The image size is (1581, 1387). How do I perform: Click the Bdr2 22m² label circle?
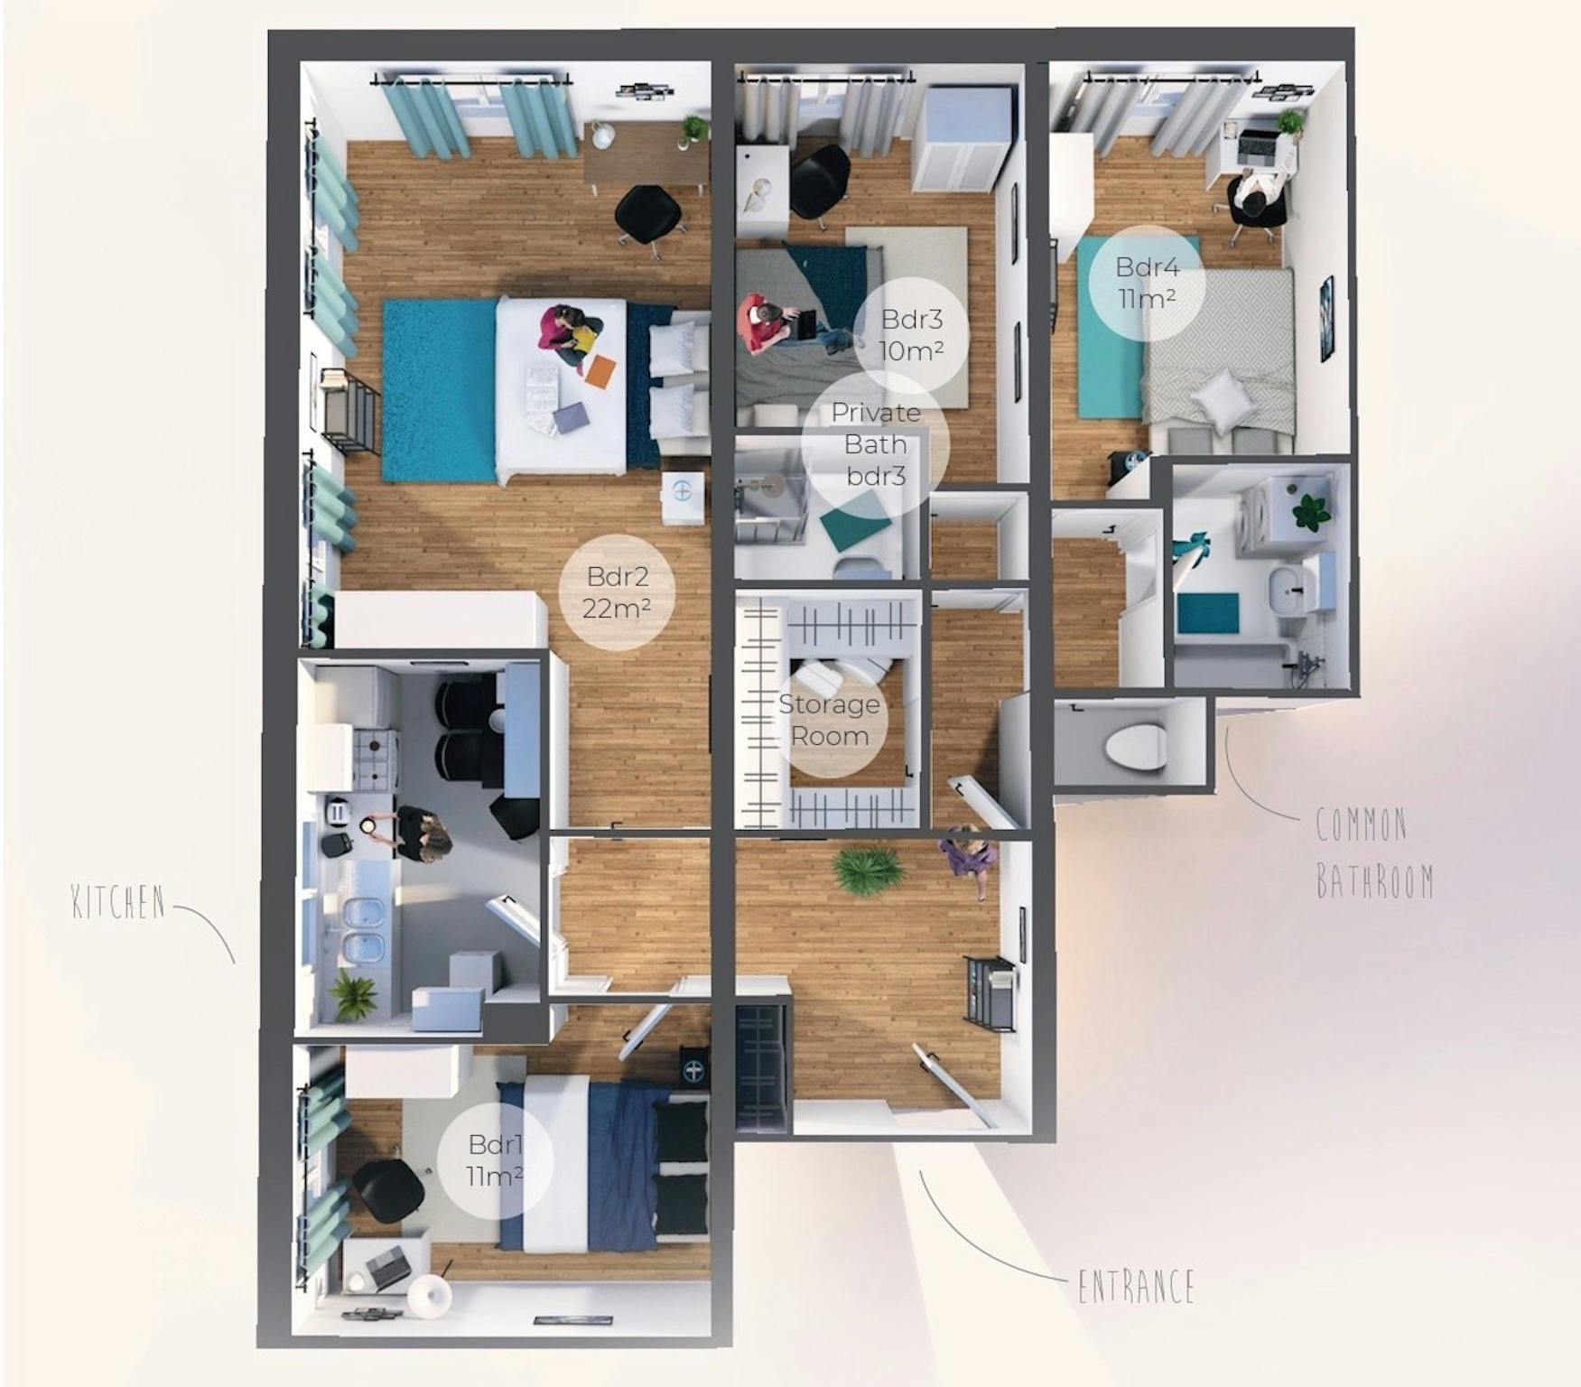point(617,592)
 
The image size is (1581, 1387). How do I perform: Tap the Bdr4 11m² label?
point(1146,282)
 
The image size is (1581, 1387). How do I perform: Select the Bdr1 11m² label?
point(495,1160)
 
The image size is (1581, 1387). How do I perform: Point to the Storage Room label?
point(829,720)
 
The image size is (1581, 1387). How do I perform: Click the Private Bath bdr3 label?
point(875,443)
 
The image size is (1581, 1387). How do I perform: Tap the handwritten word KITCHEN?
point(119,902)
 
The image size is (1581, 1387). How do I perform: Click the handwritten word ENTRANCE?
point(1136,1286)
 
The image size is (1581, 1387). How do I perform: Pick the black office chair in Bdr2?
point(647,216)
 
